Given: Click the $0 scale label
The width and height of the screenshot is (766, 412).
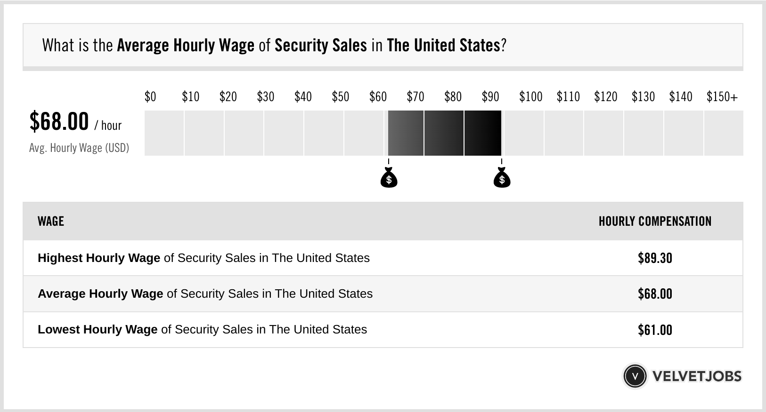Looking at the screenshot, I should (150, 97).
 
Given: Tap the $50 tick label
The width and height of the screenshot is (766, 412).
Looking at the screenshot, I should (340, 97).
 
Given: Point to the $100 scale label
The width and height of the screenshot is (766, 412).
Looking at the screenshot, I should (530, 97).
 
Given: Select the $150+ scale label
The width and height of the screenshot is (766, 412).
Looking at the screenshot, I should (722, 97).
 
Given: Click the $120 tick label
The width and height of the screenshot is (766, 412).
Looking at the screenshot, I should (605, 97).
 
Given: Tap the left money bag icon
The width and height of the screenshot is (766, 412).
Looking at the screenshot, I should (389, 178).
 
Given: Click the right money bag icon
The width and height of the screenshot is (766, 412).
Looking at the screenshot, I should (502, 178).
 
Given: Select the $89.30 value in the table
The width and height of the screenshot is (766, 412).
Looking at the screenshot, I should (655, 258).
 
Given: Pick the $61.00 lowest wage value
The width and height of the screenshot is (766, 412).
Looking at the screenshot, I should (655, 330).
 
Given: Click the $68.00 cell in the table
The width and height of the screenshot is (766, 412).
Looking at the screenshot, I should (655, 294).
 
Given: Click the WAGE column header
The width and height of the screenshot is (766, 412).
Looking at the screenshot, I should (51, 221).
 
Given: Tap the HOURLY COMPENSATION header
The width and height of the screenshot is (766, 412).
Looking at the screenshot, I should (655, 221).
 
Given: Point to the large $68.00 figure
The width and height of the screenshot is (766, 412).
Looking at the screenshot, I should (59, 121).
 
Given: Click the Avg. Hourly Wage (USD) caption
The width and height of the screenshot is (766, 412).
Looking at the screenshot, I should (79, 148).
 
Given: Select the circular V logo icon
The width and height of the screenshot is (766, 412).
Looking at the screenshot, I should (635, 376).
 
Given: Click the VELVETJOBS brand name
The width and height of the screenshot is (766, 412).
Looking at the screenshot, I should (697, 376).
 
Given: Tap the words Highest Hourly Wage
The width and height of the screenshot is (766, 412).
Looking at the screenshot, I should (99, 258).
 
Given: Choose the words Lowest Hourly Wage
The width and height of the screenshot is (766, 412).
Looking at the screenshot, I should (98, 330).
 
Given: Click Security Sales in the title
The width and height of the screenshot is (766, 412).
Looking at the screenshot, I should (320, 46).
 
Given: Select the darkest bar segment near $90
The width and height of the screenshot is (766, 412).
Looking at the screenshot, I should (483, 133).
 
